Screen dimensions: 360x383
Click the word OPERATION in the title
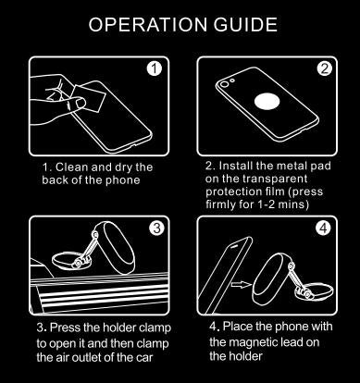[147, 24]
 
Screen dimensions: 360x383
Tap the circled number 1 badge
[155, 68]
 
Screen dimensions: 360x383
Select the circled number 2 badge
[324, 68]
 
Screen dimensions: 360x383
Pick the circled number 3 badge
[157, 228]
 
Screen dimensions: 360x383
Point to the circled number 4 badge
[323, 228]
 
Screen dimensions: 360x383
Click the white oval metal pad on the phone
[267, 101]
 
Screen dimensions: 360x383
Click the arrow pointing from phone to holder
[241, 284]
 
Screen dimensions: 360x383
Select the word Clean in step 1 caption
[71, 167]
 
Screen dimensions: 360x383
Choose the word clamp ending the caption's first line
[155, 328]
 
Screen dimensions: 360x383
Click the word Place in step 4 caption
[238, 327]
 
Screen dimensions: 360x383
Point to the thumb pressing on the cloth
[76, 103]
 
